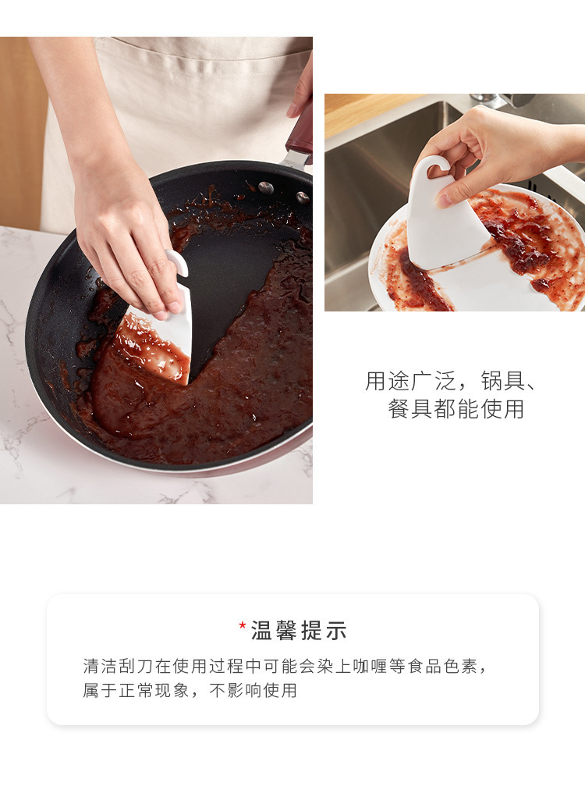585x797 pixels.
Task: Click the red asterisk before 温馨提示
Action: (x=243, y=624)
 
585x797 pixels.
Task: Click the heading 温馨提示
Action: (x=299, y=631)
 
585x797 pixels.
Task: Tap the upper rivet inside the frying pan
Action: (x=265, y=188)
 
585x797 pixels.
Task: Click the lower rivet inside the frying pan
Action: (x=303, y=197)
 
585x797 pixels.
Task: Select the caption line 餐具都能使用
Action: (x=456, y=409)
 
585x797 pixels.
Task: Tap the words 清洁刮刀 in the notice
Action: (x=119, y=666)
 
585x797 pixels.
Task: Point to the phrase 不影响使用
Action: (x=253, y=690)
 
